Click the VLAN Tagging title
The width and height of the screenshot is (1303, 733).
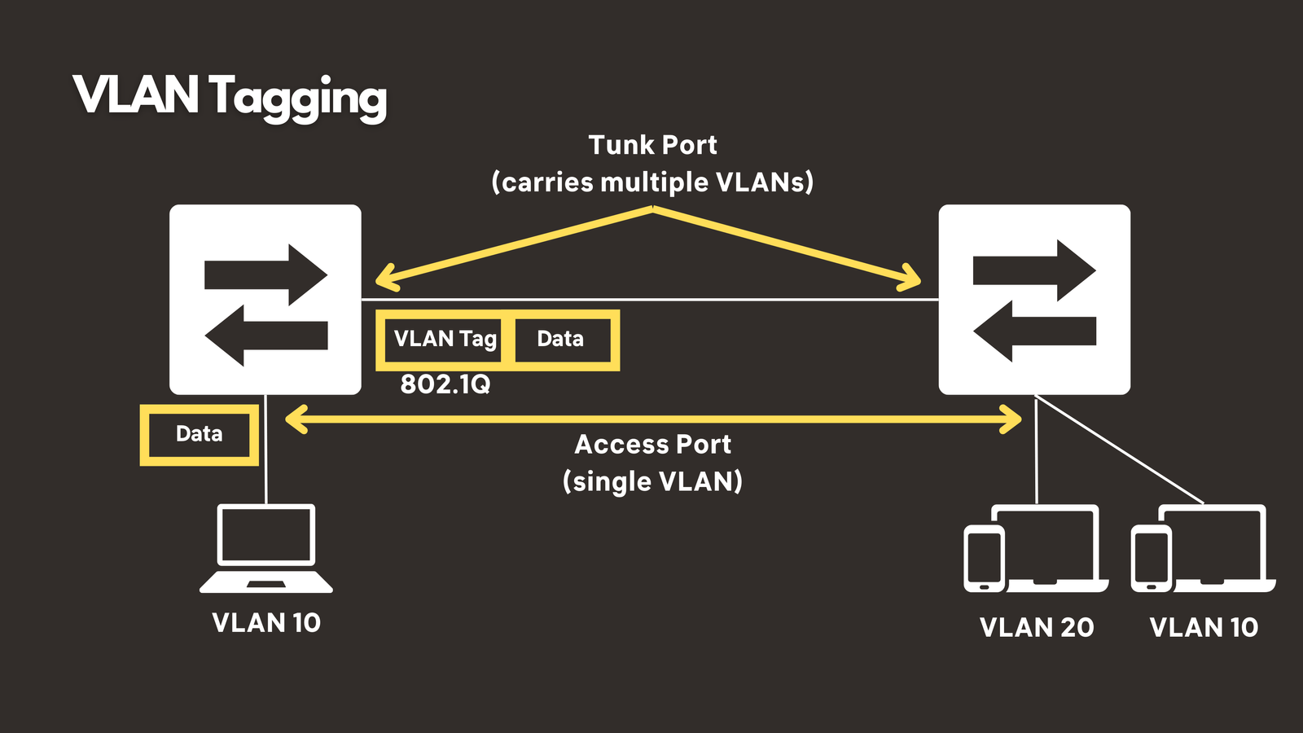point(230,96)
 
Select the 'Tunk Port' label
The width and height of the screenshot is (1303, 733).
point(652,145)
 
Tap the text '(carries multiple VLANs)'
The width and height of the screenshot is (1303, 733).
point(652,182)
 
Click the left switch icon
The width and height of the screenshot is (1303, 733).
point(265,300)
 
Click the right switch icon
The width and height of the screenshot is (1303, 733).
point(1034,300)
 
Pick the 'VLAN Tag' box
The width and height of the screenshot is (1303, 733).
point(445,339)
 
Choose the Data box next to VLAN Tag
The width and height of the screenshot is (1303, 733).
point(561,339)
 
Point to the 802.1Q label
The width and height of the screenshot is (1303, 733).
point(445,384)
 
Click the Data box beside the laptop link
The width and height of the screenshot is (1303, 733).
point(200,434)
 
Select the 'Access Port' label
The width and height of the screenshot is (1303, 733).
point(652,445)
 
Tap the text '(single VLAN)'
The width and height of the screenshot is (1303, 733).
point(652,481)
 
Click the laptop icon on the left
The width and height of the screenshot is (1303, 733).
point(266,548)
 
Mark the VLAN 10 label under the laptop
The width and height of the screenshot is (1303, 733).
point(266,623)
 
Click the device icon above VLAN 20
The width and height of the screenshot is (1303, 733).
point(1036,549)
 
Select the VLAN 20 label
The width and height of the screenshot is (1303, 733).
point(1037,627)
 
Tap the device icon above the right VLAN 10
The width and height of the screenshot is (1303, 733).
point(1203,549)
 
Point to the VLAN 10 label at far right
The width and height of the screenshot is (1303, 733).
point(1204,627)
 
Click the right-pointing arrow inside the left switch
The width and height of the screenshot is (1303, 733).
point(265,275)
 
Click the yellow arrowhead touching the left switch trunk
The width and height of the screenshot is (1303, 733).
point(384,279)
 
